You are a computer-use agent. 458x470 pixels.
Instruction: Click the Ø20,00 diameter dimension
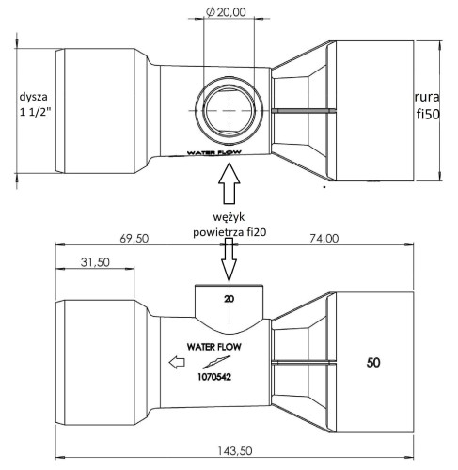click(226, 12)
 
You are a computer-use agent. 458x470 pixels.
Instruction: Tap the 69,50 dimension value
click(134, 239)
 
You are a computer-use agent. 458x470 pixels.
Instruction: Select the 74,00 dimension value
click(324, 239)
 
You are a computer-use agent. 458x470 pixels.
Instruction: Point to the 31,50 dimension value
click(95, 262)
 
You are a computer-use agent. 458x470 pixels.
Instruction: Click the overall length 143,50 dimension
click(235, 451)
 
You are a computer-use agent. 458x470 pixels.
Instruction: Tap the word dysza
click(34, 97)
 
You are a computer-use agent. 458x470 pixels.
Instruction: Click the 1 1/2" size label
click(35, 112)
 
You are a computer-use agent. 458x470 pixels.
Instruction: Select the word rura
click(427, 97)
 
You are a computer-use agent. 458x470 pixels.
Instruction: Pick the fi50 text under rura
click(428, 115)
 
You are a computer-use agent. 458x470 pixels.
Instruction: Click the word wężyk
click(229, 217)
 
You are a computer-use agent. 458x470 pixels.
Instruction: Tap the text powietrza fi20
click(229, 232)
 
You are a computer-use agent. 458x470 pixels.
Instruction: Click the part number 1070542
click(214, 377)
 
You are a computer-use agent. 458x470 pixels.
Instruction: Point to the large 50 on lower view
click(373, 363)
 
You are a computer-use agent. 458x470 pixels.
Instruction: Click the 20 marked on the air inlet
click(229, 299)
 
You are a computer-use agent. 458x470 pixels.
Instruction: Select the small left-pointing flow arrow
click(177, 362)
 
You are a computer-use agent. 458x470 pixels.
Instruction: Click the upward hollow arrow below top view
click(229, 183)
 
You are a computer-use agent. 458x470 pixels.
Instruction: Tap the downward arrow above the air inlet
click(229, 259)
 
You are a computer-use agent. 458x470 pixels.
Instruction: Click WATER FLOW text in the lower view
click(214, 347)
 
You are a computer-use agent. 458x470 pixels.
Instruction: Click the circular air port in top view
click(229, 110)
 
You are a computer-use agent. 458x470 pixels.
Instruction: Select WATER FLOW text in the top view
click(214, 152)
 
